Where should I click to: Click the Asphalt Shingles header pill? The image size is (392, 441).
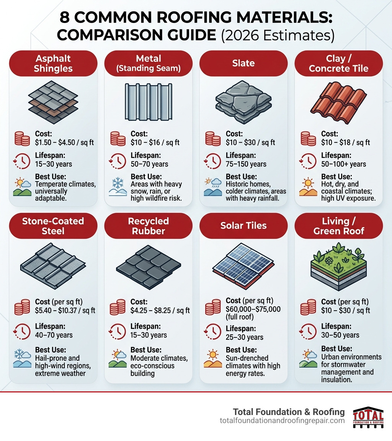pyautogui.click(x=53, y=63)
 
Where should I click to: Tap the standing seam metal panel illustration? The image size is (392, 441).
pyautogui.click(x=148, y=101)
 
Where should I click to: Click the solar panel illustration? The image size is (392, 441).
pyautogui.click(x=243, y=264)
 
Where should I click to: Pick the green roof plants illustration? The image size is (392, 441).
pyautogui.click(x=338, y=264)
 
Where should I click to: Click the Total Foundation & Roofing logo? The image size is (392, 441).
pyautogui.click(x=368, y=417)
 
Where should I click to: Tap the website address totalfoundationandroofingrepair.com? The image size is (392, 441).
pyautogui.click(x=282, y=421)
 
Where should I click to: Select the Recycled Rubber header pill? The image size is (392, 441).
pyautogui.click(x=148, y=226)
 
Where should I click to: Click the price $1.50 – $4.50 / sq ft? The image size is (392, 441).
pyautogui.click(x=65, y=143)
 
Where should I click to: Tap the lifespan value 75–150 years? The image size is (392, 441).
pyautogui.click(x=246, y=164)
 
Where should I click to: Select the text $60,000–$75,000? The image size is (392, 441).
pyautogui.click(x=253, y=309)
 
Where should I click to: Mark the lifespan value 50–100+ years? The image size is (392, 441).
pyautogui.click(x=344, y=164)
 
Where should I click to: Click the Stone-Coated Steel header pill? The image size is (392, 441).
pyautogui.click(x=53, y=226)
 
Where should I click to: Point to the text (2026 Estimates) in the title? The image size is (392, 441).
pyautogui.click(x=278, y=35)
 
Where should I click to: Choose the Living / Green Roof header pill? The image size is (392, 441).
pyautogui.click(x=338, y=226)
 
